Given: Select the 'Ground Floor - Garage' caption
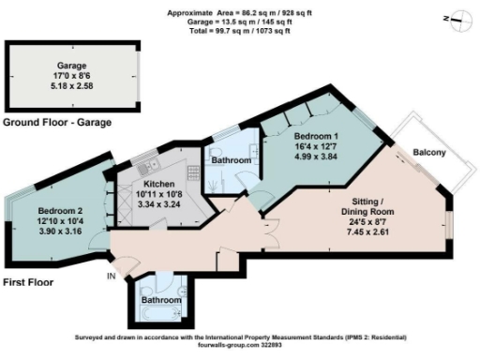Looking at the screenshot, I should coord(57,123).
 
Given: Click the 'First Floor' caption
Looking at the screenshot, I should coord(27,282).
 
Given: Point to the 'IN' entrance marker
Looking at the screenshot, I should coord(110,277).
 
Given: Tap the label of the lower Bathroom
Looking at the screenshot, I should coord(158,300).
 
